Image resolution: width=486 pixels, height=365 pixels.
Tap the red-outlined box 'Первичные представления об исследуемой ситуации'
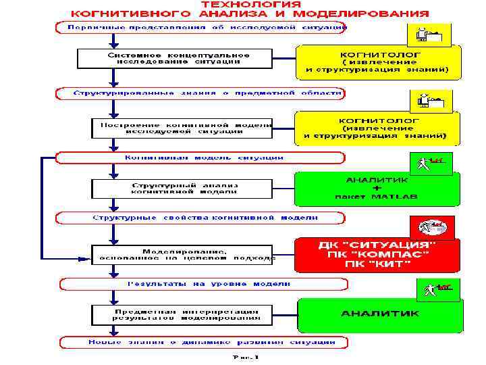pos(200,28)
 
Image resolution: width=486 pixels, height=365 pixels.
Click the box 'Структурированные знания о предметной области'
pos(200,93)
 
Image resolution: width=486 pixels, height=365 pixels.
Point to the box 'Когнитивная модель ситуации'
pos(200,157)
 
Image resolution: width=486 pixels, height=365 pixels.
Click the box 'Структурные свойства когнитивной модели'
pos(200,218)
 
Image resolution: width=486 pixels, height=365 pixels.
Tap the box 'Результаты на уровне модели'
pos(200,283)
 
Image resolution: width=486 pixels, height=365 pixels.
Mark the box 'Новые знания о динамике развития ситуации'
pos(200,342)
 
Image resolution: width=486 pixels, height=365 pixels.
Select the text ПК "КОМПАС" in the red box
pos(377,253)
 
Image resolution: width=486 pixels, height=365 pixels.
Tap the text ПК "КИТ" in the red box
pos(377,263)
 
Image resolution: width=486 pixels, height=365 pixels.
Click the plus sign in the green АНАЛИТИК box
pos(377,188)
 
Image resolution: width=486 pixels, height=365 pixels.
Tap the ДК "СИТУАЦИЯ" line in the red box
pos(377,244)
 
